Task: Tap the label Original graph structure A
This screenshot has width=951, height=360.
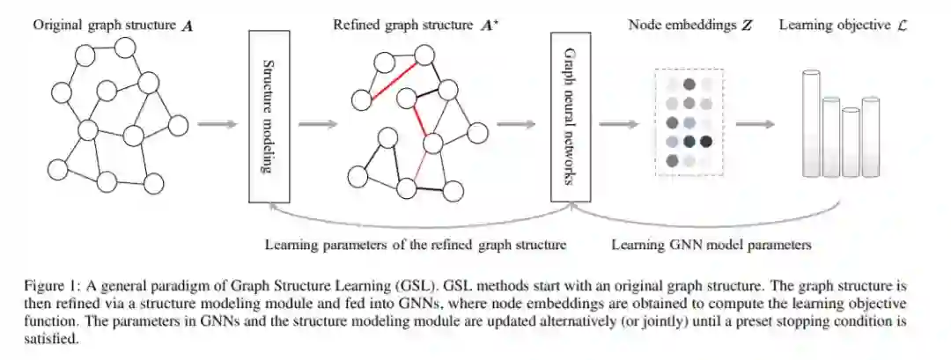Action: point(114,26)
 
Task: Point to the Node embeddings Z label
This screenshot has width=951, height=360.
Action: point(690,26)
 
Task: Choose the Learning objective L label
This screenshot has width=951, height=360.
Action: point(843,26)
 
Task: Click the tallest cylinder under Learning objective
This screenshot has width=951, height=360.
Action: point(811,123)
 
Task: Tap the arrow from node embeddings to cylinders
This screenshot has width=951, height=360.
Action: point(754,124)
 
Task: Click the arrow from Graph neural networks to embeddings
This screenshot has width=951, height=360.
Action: point(619,124)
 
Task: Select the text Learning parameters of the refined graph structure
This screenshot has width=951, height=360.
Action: point(415,244)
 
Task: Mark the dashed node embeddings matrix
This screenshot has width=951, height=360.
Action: point(689,122)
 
